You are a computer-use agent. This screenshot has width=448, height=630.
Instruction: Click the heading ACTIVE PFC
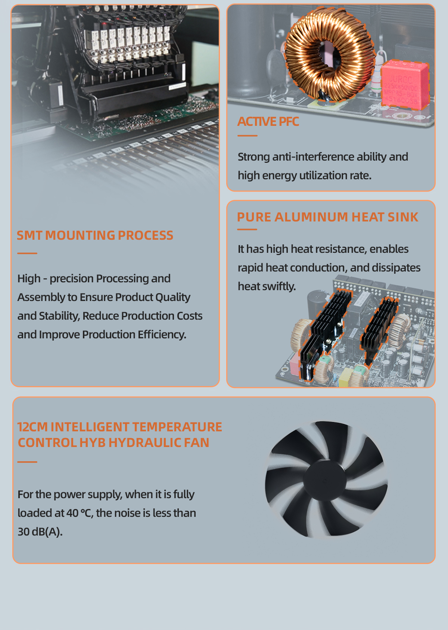point(268,121)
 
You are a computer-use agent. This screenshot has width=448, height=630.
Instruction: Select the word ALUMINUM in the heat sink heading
point(311,217)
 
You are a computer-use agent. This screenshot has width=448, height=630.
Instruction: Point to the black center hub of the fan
point(325,480)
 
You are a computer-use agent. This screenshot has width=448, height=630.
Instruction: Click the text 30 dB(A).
point(40,531)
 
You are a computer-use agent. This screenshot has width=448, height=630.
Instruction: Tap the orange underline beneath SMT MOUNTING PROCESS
point(27,254)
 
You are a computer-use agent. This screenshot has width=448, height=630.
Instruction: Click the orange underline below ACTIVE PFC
point(248,136)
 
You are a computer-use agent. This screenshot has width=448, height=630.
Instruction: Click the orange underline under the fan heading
point(27,462)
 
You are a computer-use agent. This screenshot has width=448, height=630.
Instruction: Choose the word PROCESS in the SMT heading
point(145,235)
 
